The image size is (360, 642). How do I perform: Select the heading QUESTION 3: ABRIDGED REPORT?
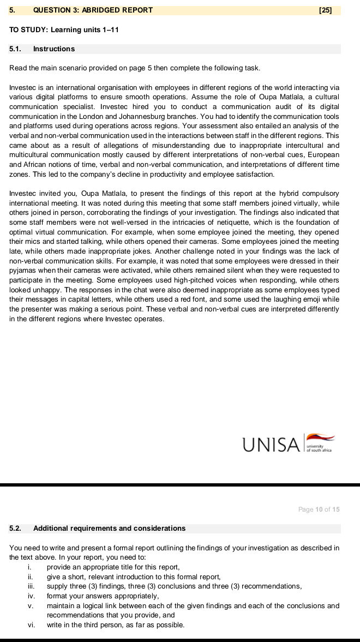93,10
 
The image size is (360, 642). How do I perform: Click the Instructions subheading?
54,49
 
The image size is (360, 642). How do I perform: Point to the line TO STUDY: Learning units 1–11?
64,29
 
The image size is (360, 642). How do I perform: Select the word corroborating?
118,213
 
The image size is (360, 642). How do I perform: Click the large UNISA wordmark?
271,445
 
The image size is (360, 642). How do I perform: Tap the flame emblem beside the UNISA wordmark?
320,437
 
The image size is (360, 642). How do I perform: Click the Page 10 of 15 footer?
319,509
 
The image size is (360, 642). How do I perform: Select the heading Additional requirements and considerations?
109,528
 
